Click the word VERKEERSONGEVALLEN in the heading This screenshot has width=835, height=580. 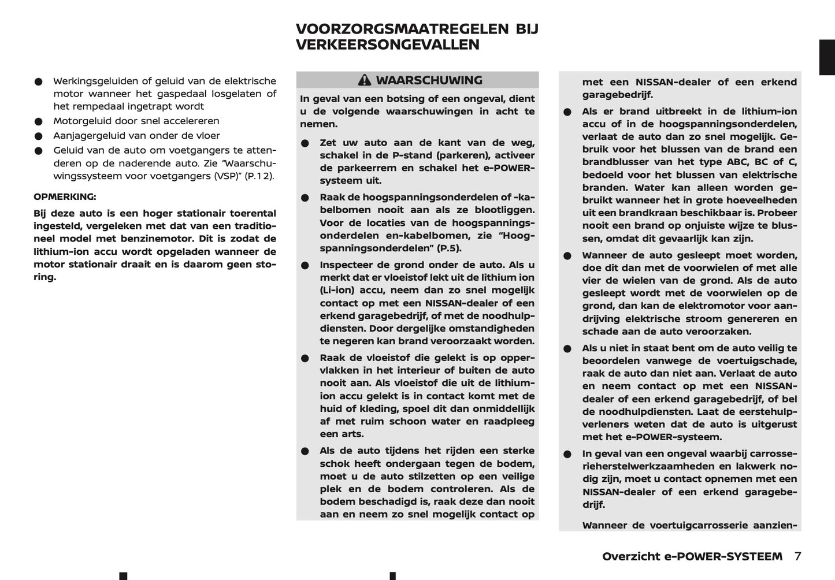tap(387, 45)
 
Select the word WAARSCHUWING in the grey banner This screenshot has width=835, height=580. tap(429, 80)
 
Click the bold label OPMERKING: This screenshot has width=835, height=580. tap(65, 196)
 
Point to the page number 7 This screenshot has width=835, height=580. tap(797, 556)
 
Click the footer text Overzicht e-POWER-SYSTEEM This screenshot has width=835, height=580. tap(692, 556)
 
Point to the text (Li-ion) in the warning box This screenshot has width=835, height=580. tap(337, 291)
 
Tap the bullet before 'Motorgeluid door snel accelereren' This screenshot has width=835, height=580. tap(38, 121)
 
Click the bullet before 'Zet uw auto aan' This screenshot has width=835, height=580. tap(305, 143)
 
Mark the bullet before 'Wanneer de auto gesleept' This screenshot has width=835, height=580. tap(567, 256)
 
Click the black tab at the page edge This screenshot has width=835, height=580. tap(827, 57)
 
